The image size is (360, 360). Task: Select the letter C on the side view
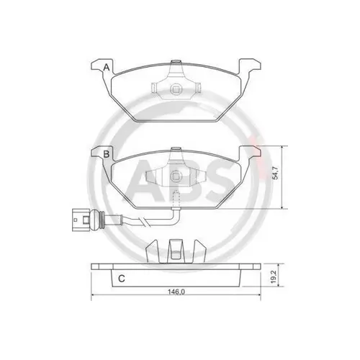point(122,278)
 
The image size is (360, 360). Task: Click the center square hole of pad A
point(175,89)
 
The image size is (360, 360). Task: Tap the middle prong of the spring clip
point(175,251)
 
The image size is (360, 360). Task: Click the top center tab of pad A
point(175,68)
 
